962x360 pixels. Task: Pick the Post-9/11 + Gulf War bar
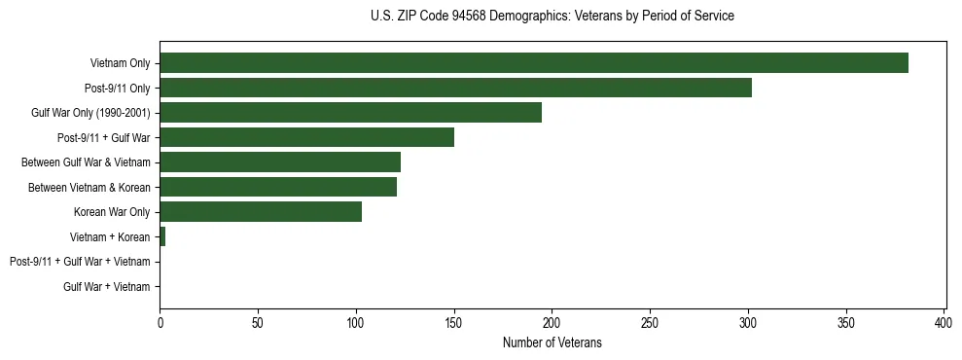(x=306, y=137)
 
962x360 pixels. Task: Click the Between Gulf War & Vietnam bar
(x=280, y=162)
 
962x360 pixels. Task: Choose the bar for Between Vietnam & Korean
(x=278, y=187)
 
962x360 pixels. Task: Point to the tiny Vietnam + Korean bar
(x=162, y=236)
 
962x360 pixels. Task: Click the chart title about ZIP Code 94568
(x=552, y=17)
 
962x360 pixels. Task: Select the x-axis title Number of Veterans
(x=552, y=342)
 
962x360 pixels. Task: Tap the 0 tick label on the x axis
(x=160, y=322)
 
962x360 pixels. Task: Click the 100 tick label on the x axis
(x=356, y=322)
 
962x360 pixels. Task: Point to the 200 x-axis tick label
(x=552, y=322)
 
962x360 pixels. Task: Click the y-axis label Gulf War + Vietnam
(x=107, y=287)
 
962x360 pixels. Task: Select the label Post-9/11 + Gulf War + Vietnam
(x=80, y=262)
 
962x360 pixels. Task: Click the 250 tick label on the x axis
(x=650, y=322)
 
